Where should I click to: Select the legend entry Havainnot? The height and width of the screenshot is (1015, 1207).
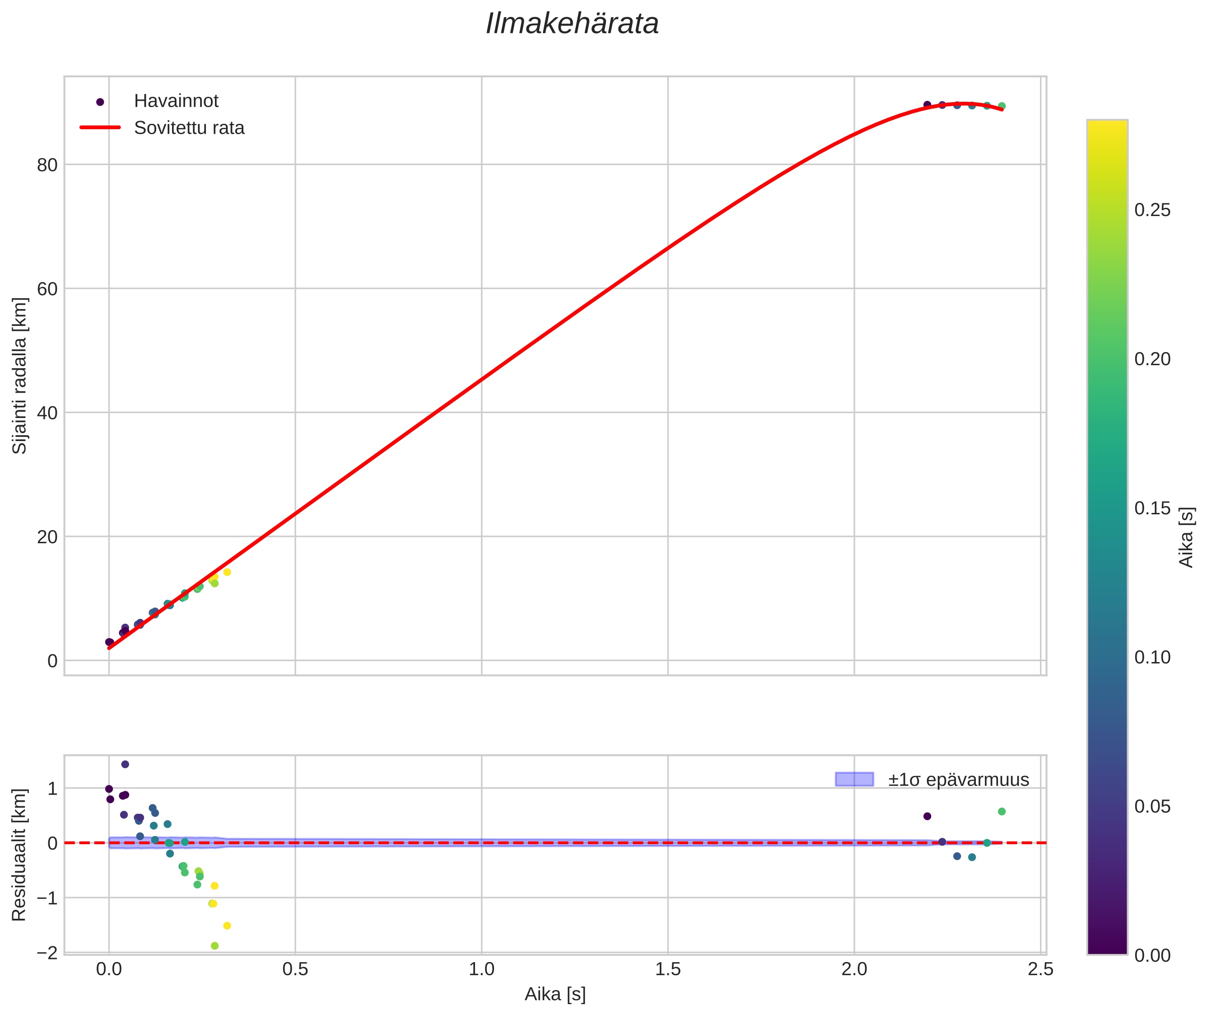[176, 101]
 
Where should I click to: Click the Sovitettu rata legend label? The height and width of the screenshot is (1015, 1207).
[189, 128]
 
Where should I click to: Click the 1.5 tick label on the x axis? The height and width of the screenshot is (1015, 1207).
[667, 969]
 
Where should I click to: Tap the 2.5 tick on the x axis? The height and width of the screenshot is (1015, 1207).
[1040, 969]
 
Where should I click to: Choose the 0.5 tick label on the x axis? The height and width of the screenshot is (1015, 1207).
[295, 969]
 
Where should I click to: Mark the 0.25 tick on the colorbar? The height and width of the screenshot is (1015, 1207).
[1152, 210]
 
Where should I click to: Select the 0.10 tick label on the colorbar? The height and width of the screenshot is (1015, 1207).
[1152, 657]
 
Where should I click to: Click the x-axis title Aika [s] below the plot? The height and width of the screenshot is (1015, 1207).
[555, 994]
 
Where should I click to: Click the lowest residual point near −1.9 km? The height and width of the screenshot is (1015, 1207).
[214, 946]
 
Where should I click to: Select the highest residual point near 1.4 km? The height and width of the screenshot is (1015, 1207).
[125, 764]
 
